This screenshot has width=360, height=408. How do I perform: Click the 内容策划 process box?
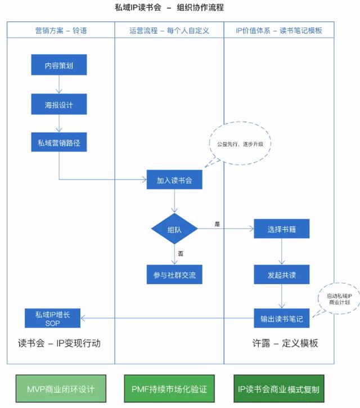(59, 66)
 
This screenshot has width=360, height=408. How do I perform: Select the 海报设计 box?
(59, 105)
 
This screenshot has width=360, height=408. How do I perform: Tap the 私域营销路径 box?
(59, 143)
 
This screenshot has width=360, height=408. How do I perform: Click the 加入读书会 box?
(175, 181)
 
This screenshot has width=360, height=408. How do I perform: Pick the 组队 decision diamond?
(175, 229)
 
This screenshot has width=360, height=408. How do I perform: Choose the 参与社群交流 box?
(175, 275)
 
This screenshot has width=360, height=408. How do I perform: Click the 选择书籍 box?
(282, 229)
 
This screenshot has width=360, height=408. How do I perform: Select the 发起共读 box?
(282, 275)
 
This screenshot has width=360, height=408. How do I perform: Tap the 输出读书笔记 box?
(282, 319)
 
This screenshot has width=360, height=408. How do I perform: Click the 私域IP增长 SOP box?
(52, 319)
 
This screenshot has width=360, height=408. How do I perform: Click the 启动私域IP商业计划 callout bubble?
(339, 299)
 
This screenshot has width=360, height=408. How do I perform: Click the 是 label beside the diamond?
(217, 224)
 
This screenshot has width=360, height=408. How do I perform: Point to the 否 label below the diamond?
(181, 254)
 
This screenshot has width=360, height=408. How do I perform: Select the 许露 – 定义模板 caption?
(285, 343)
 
